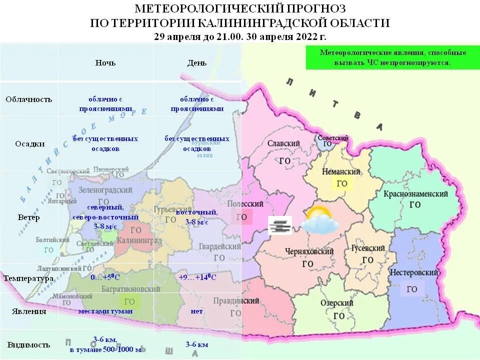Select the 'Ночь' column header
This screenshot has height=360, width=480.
click(105, 62)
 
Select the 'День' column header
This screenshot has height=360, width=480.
click(196, 62)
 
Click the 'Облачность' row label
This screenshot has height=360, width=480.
click(29, 99)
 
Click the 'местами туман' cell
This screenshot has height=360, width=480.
click(105, 311)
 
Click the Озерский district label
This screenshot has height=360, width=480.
click(336, 303)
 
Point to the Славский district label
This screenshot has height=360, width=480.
click(283, 143)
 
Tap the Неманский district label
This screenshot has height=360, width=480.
click(341, 171)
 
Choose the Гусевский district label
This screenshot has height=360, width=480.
click(368, 248)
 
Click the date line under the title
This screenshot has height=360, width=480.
click(240, 37)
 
